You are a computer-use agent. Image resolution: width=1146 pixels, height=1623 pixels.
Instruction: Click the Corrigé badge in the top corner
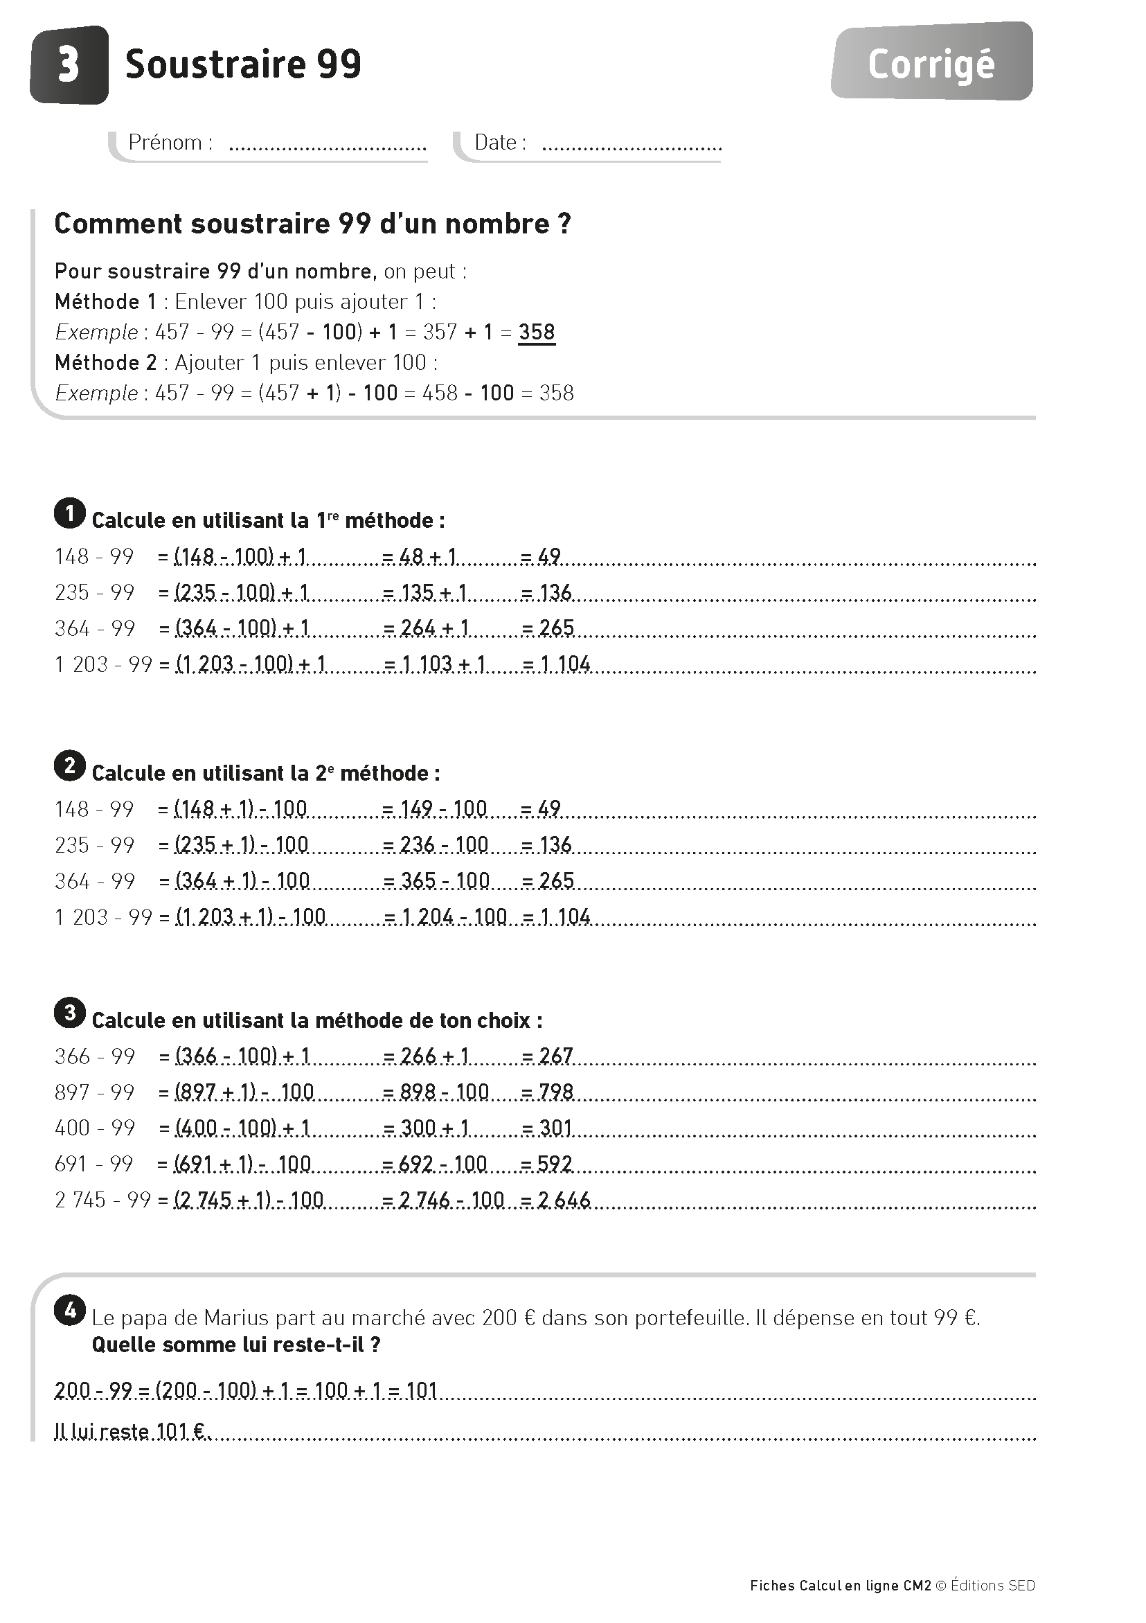click(x=931, y=64)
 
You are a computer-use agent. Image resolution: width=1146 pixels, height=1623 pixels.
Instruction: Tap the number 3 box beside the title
click(x=69, y=65)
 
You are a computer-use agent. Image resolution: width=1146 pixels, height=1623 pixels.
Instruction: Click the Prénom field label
click(x=170, y=143)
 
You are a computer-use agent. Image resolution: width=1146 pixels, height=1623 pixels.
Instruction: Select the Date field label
click(x=499, y=143)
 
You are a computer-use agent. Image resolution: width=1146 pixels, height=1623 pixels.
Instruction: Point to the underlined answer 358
click(x=536, y=332)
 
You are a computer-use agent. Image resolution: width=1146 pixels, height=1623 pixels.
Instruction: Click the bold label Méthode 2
click(x=106, y=363)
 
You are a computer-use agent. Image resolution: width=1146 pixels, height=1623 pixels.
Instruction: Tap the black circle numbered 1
click(x=69, y=513)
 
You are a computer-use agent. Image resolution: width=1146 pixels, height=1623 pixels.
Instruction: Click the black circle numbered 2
click(x=69, y=765)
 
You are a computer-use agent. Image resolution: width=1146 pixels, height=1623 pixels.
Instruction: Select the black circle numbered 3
click(x=69, y=1013)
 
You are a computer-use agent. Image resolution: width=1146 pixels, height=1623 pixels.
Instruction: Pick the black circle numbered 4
click(x=69, y=1311)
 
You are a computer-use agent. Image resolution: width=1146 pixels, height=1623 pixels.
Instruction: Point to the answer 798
click(x=555, y=1092)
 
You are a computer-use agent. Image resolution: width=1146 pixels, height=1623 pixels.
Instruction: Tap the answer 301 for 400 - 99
click(x=555, y=1128)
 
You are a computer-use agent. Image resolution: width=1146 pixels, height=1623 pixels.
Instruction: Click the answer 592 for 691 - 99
click(x=555, y=1164)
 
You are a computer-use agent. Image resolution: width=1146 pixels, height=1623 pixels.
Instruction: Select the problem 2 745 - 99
click(x=102, y=1200)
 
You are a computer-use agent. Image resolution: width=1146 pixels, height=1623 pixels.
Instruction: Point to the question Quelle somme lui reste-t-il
click(x=236, y=1345)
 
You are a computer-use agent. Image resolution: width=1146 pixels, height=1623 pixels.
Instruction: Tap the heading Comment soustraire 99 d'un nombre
click(x=312, y=224)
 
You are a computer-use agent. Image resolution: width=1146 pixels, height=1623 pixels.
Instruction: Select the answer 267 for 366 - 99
click(x=555, y=1056)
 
